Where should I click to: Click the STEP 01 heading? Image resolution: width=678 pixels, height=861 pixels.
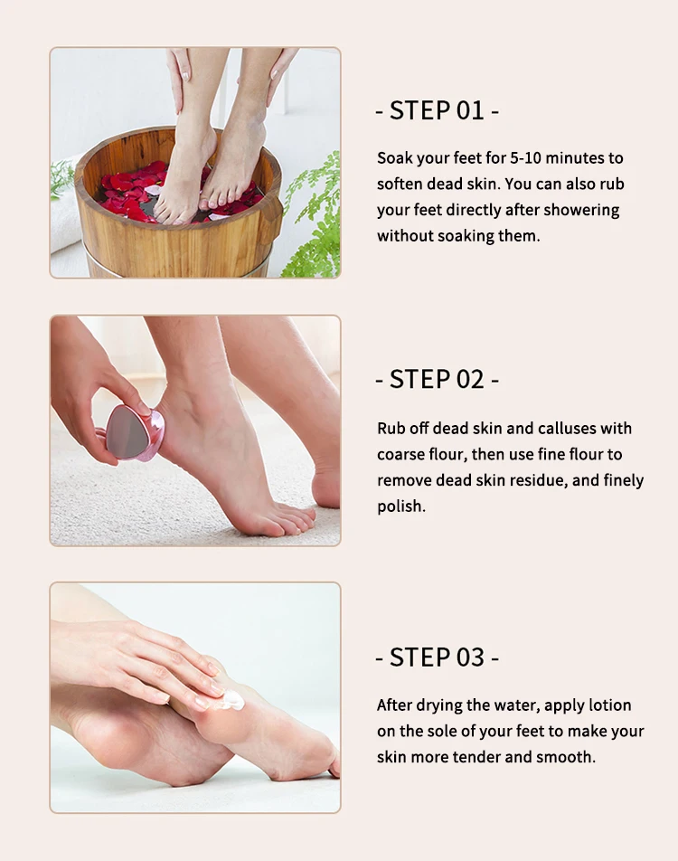pyautogui.click(x=438, y=111)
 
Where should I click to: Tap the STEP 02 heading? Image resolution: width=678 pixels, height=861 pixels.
pyautogui.click(x=438, y=380)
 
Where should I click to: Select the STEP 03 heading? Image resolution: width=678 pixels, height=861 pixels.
pyautogui.click(x=438, y=658)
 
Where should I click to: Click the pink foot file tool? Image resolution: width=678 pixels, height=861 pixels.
pyautogui.click(x=134, y=432)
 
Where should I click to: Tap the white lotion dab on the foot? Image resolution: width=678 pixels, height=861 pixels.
pyautogui.click(x=232, y=699)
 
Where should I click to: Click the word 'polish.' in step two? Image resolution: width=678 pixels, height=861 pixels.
pyautogui.click(x=401, y=506)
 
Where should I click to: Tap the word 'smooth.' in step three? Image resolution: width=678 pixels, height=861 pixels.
pyautogui.click(x=566, y=757)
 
